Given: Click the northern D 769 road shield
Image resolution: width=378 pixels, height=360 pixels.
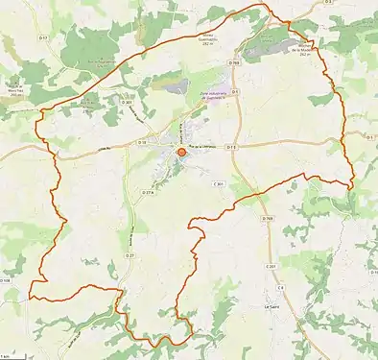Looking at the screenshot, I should [x=234, y=63].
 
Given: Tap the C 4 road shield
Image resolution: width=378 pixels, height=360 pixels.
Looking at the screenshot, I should [x=281, y=288].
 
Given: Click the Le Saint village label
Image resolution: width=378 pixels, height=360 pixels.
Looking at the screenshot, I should [x=272, y=306].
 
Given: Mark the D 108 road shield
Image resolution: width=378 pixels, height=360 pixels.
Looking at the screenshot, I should [x=8, y=282].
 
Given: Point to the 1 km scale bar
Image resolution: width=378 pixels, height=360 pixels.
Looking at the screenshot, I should [x=9, y=354].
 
